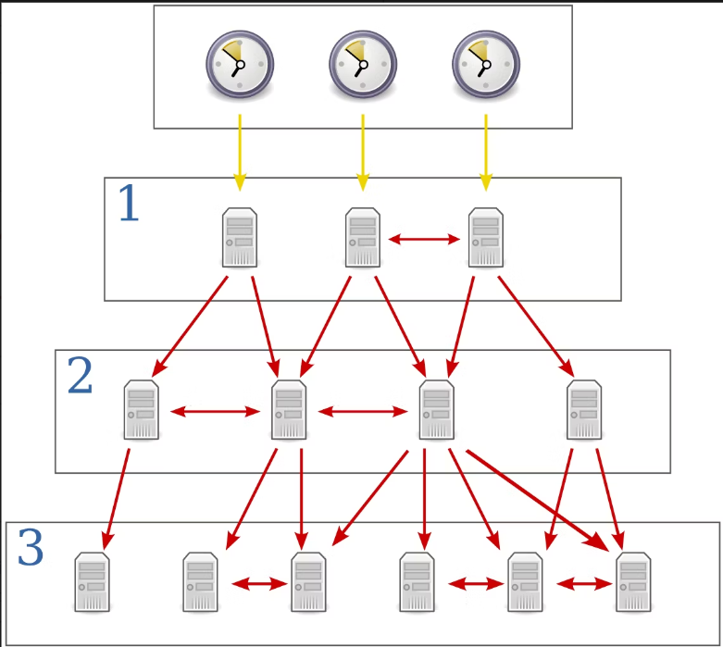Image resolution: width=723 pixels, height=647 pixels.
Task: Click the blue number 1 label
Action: click(x=128, y=205)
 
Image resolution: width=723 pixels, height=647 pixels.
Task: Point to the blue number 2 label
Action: click(x=80, y=376)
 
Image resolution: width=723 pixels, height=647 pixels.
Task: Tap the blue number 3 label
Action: click(x=31, y=549)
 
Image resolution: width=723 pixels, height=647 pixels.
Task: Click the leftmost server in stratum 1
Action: click(x=240, y=238)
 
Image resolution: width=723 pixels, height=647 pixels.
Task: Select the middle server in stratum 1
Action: click(x=363, y=238)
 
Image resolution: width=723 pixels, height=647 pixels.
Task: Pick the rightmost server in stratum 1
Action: click(x=486, y=238)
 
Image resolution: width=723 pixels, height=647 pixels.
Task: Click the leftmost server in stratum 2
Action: click(x=142, y=410)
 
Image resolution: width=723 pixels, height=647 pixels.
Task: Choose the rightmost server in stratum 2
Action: click(x=584, y=410)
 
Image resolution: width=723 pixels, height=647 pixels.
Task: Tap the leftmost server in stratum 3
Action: click(x=93, y=582)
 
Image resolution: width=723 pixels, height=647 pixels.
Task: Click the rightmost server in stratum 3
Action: click(x=633, y=582)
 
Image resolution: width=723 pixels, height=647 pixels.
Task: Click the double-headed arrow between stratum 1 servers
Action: click(x=424, y=240)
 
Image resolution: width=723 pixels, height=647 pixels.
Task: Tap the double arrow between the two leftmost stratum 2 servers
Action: click(x=215, y=411)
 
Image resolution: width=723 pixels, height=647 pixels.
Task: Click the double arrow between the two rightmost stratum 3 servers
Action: click(x=579, y=584)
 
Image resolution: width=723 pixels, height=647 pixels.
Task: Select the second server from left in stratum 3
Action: click(x=200, y=582)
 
